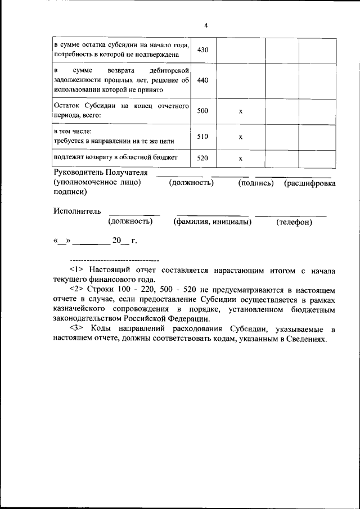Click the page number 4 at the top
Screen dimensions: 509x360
[x=206, y=26]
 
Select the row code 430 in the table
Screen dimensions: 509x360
[x=203, y=50]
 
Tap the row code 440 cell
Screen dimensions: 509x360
[x=203, y=80]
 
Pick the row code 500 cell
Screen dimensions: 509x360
[x=203, y=111]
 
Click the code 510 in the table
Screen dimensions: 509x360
[x=203, y=136]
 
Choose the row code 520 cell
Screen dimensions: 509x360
[x=203, y=158]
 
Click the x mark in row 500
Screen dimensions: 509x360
[x=240, y=111]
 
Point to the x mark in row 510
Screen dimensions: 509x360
[x=240, y=137]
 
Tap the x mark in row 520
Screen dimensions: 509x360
[x=240, y=159]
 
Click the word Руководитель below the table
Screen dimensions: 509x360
[x=79, y=172]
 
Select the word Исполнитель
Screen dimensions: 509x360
[x=78, y=211]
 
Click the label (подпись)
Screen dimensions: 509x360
[x=256, y=183]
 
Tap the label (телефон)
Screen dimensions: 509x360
[x=294, y=222]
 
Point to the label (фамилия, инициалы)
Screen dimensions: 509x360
[x=212, y=222]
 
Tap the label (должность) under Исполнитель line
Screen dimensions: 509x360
[x=130, y=222]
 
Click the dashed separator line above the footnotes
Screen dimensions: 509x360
[x=114, y=260]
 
